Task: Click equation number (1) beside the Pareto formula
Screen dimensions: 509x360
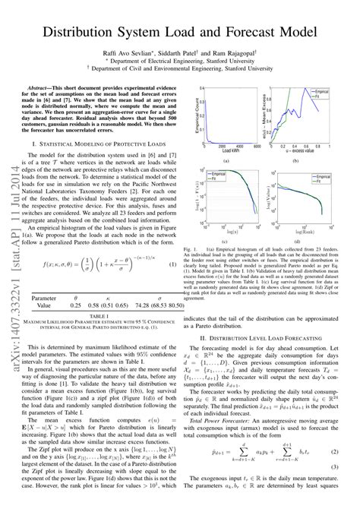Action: point(172,264)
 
